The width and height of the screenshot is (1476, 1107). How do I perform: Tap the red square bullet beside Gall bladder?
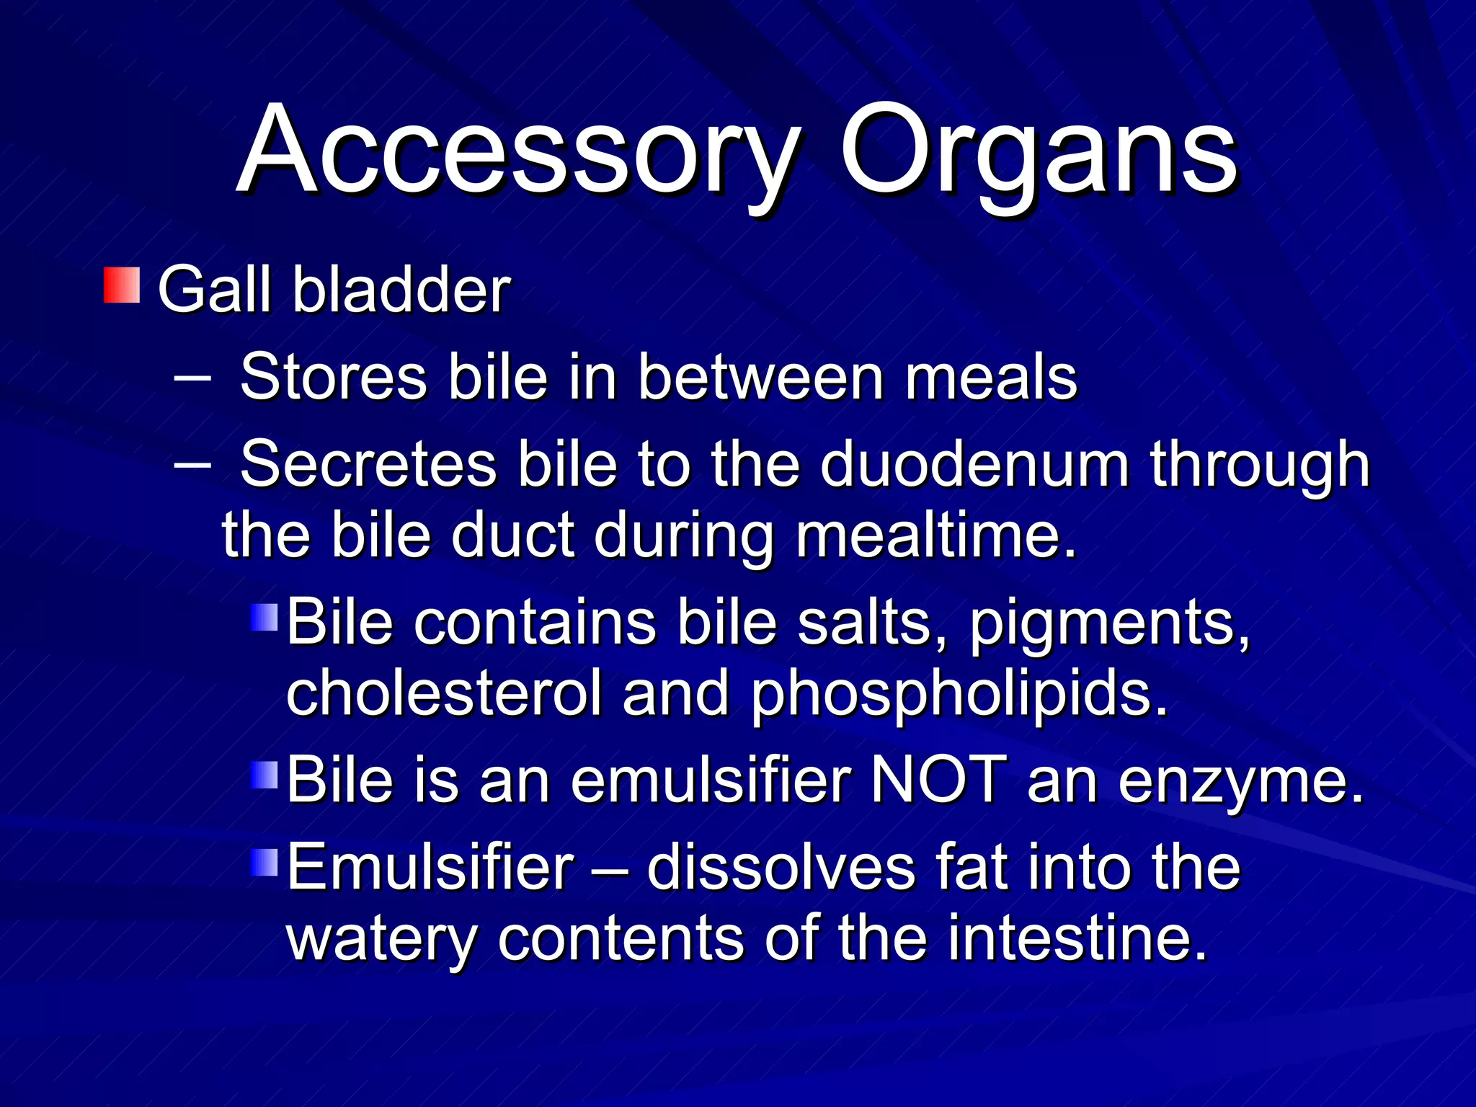(x=121, y=285)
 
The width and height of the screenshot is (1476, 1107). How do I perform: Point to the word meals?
(x=990, y=377)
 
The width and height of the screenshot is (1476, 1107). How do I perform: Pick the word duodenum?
(x=974, y=465)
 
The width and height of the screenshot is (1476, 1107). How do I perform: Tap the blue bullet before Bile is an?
(x=264, y=776)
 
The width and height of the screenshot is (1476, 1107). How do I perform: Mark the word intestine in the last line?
(x=1077, y=938)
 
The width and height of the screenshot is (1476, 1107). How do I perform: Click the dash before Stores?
(x=192, y=377)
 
